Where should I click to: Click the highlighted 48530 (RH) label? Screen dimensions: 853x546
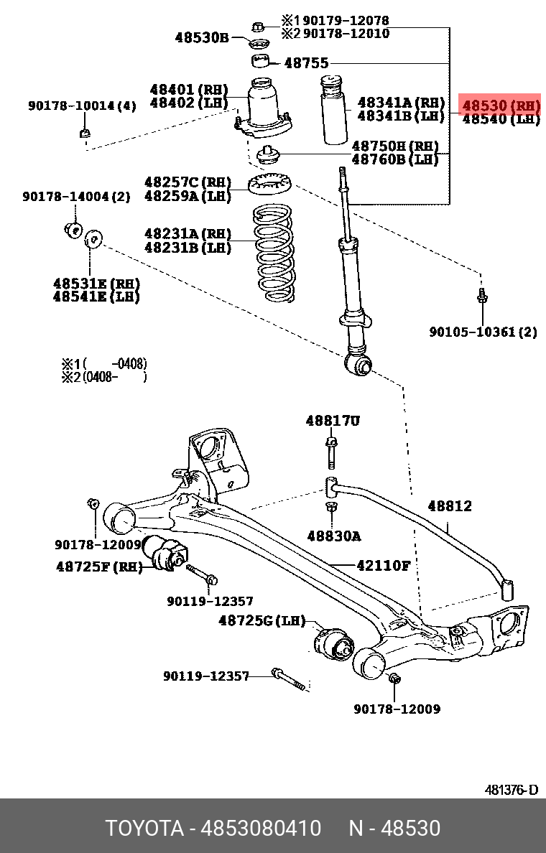coord(500,106)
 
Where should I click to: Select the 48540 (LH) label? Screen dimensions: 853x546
coord(500,119)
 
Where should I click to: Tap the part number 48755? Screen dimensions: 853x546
coord(307,62)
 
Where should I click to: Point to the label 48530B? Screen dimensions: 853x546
coord(202,37)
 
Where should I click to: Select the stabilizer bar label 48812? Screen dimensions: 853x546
coord(450,506)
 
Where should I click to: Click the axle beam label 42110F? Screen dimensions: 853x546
coord(383,566)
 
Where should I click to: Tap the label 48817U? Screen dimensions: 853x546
coord(332,421)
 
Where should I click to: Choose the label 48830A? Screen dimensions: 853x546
coord(333,536)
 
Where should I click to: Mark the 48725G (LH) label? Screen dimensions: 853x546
coord(262,620)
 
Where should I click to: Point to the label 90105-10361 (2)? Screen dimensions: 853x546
coord(483,332)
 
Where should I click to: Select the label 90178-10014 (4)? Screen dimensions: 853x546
coord(82,106)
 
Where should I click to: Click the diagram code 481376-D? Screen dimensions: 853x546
coord(511,790)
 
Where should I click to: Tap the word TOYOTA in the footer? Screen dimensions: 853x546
coord(144,829)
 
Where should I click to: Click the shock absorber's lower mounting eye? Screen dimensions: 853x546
coord(358,366)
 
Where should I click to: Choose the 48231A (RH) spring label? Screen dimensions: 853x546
coord(188,234)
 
